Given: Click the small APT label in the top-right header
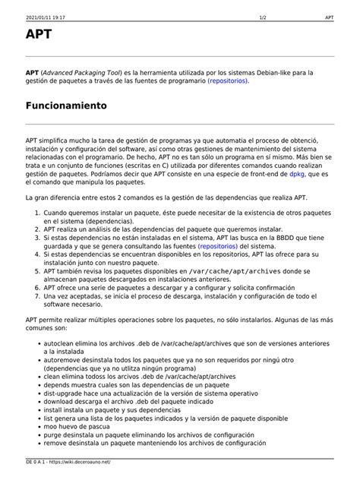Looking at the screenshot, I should (x=329, y=16).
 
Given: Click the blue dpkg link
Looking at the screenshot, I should (x=297, y=173).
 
